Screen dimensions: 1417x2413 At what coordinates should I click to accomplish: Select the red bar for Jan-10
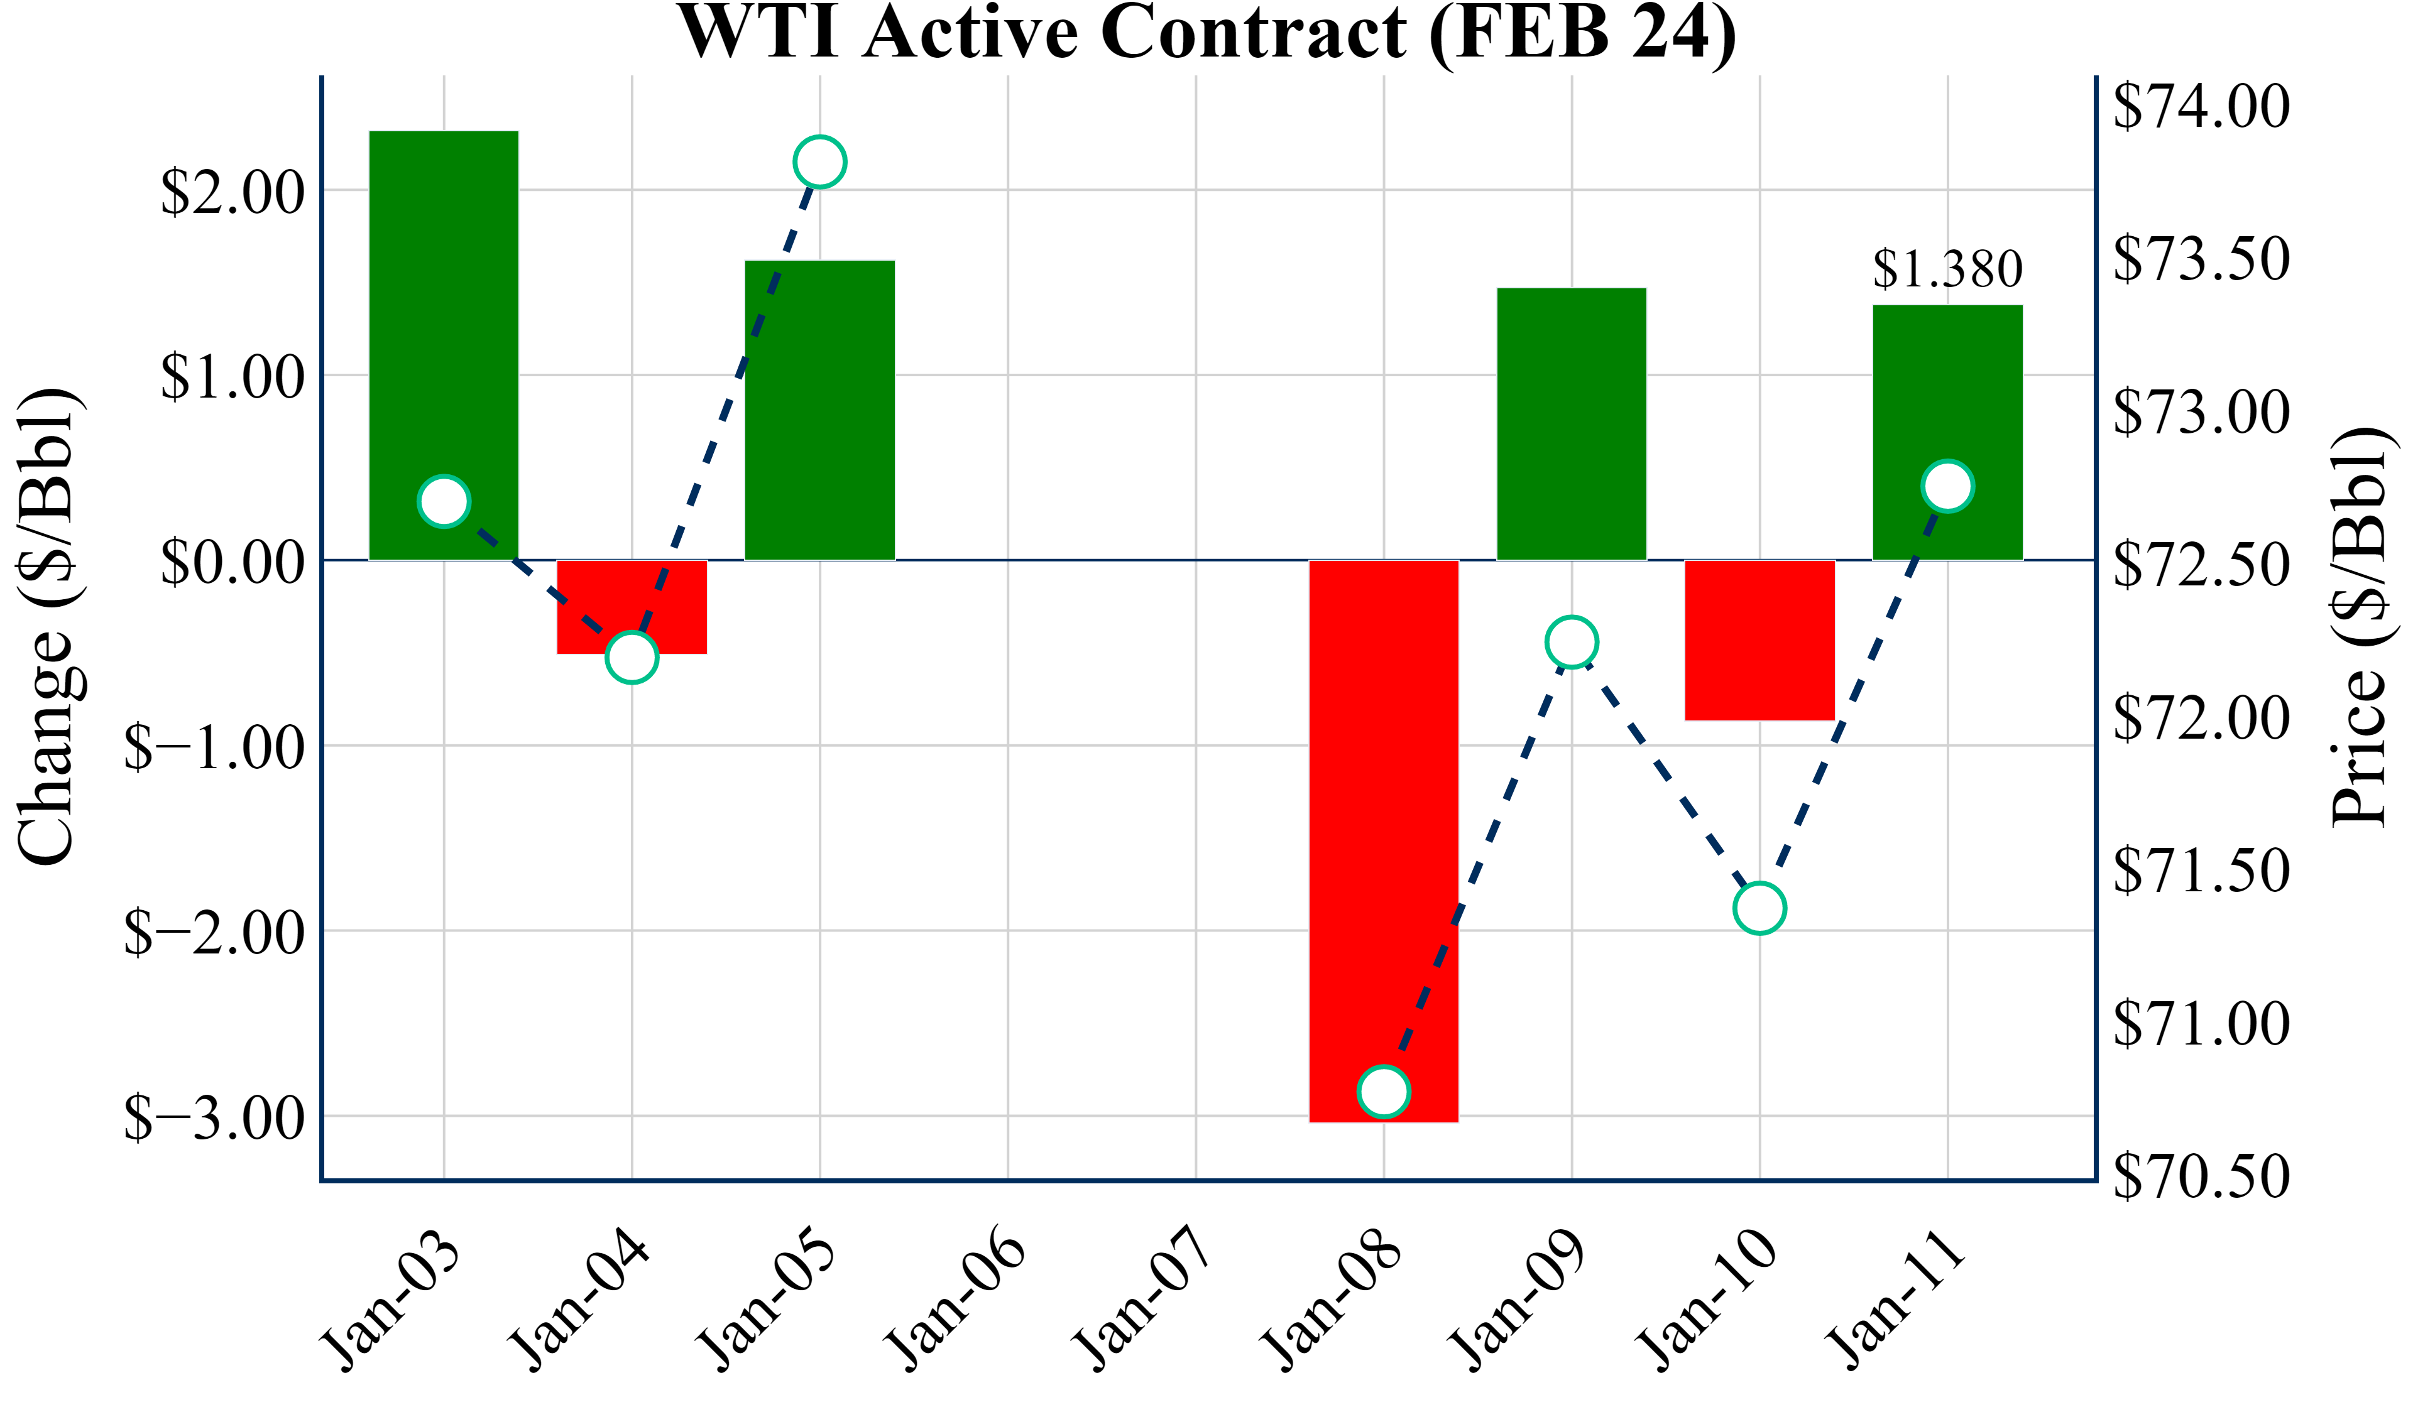tap(1760, 639)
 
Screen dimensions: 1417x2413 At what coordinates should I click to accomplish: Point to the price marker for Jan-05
tap(819, 162)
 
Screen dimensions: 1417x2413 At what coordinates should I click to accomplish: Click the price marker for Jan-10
tap(1760, 908)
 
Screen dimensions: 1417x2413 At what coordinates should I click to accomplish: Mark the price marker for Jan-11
tap(1947, 486)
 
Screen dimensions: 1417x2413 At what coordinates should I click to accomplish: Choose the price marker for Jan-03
tap(444, 501)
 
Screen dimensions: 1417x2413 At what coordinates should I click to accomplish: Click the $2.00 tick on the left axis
tap(233, 192)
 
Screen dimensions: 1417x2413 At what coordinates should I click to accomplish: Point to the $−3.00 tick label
tap(216, 1117)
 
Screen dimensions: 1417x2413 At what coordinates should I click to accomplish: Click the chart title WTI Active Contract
tap(1206, 33)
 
